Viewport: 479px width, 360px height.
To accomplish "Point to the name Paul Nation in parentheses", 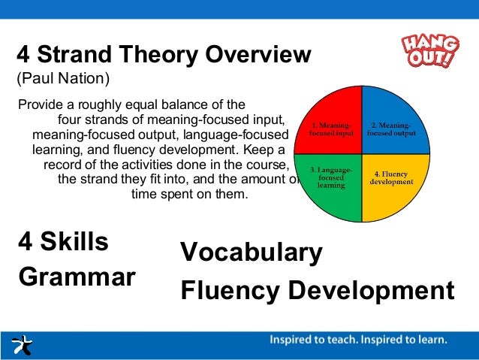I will click(x=65, y=78).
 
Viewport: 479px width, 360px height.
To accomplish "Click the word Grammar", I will click(x=77, y=277).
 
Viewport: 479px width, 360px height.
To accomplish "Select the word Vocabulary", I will click(x=252, y=253).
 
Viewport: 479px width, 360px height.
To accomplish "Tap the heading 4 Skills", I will click(x=63, y=242).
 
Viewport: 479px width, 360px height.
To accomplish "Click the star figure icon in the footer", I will click(x=23, y=345).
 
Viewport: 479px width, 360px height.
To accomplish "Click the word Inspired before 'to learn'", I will click(x=398, y=340).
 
